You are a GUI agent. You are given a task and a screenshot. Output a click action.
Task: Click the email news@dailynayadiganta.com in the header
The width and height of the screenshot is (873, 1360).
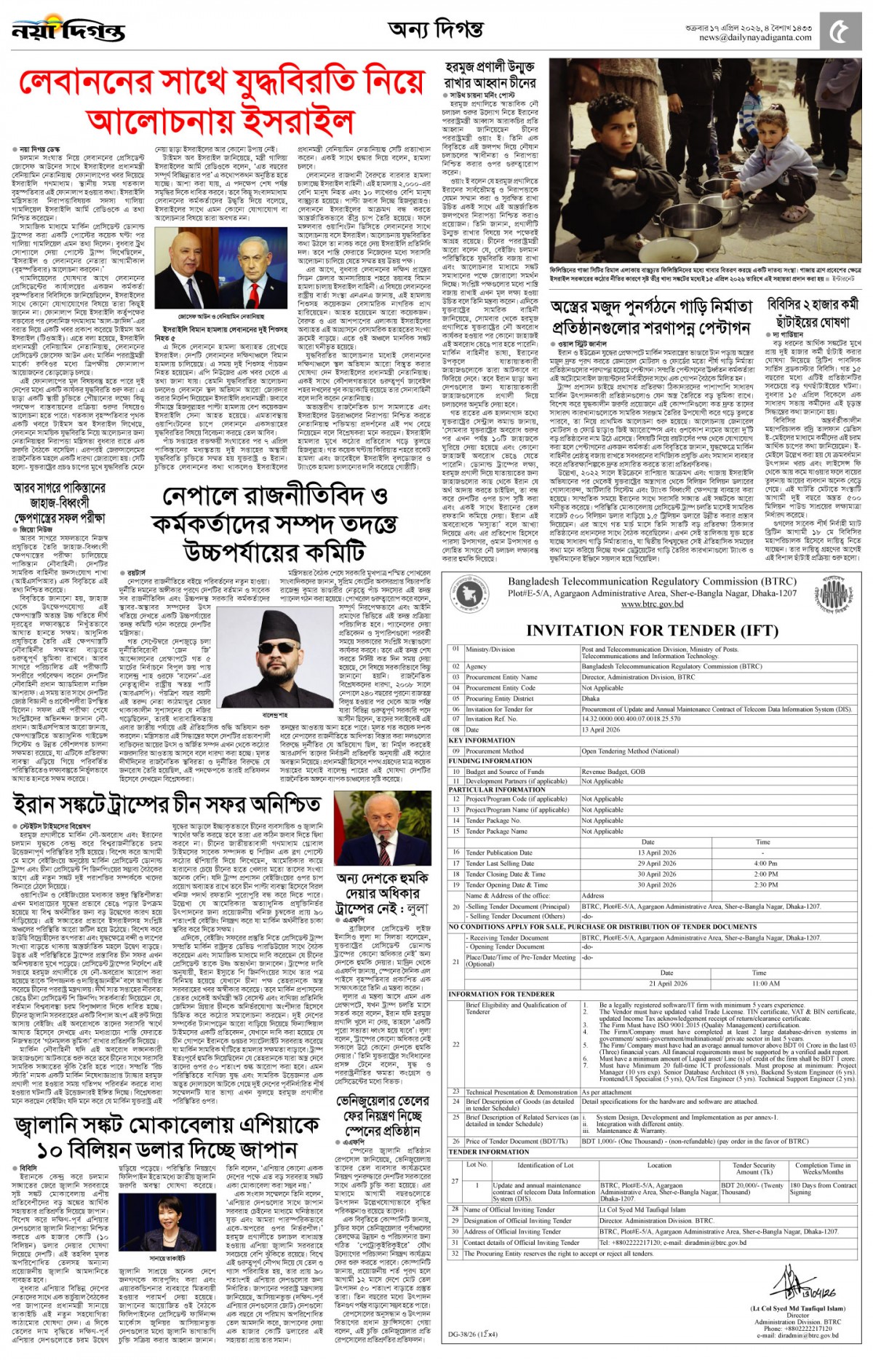[x=755, y=38]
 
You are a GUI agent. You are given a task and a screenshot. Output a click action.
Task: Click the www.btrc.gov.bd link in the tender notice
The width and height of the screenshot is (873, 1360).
[x=652, y=604]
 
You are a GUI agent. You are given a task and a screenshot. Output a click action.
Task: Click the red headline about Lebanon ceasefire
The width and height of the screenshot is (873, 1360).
[x=221, y=102]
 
